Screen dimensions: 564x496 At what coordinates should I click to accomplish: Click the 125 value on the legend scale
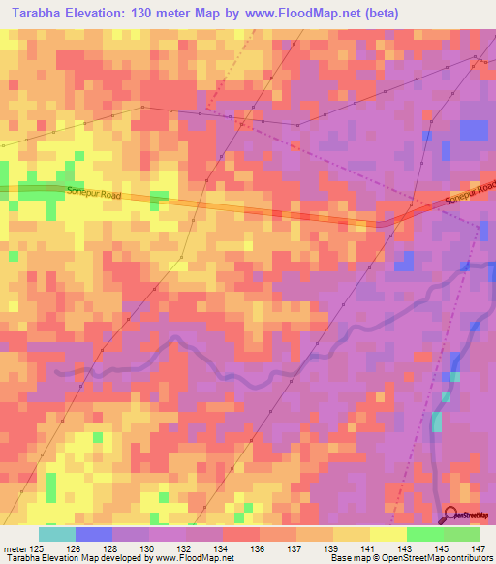(x=37, y=548)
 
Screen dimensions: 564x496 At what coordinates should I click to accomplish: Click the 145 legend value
(x=440, y=548)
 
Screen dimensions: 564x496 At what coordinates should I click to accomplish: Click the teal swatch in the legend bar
(x=57, y=534)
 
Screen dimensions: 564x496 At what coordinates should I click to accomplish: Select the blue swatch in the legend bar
(x=94, y=534)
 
